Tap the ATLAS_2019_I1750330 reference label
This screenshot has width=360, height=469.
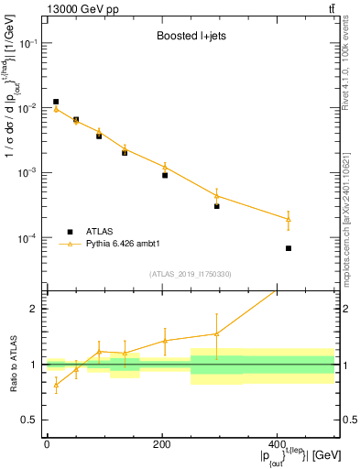click(190, 274)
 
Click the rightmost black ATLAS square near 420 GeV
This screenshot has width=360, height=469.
click(289, 248)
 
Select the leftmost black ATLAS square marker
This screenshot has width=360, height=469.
click(56, 102)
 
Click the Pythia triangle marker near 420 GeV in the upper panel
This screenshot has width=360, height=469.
click(289, 219)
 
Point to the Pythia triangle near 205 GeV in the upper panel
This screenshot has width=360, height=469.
click(165, 167)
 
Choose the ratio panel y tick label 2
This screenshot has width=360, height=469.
click(34, 309)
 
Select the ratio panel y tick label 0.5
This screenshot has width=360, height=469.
click(29, 420)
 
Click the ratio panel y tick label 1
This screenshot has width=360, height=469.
click(34, 365)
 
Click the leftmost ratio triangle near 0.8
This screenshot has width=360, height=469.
click(56, 385)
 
